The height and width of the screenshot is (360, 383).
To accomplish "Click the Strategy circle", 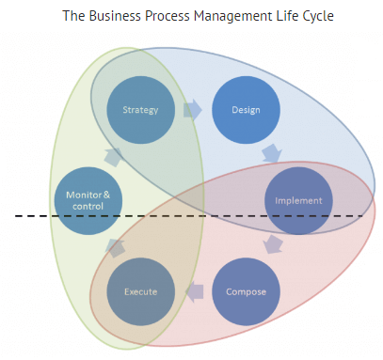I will (141, 110).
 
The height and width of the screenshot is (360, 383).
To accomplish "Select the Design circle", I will (247, 110).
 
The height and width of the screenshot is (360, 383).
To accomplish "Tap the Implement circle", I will (298, 200).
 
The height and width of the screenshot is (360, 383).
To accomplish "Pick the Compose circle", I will (247, 291).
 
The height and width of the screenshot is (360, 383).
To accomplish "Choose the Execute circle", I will (141, 291).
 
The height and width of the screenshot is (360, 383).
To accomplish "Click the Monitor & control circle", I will (88, 200).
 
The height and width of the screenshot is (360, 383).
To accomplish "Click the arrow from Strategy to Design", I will (194, 110).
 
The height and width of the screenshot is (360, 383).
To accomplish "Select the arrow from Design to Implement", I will (272, 153).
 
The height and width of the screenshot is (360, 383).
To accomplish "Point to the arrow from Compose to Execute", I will (195, 291).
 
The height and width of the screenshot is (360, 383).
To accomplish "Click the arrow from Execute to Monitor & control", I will (115, 247).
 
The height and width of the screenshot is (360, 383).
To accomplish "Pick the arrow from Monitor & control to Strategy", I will (114, 155).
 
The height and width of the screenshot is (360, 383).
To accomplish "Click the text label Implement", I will (298, 201).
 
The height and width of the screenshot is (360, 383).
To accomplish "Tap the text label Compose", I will (247, 291).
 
